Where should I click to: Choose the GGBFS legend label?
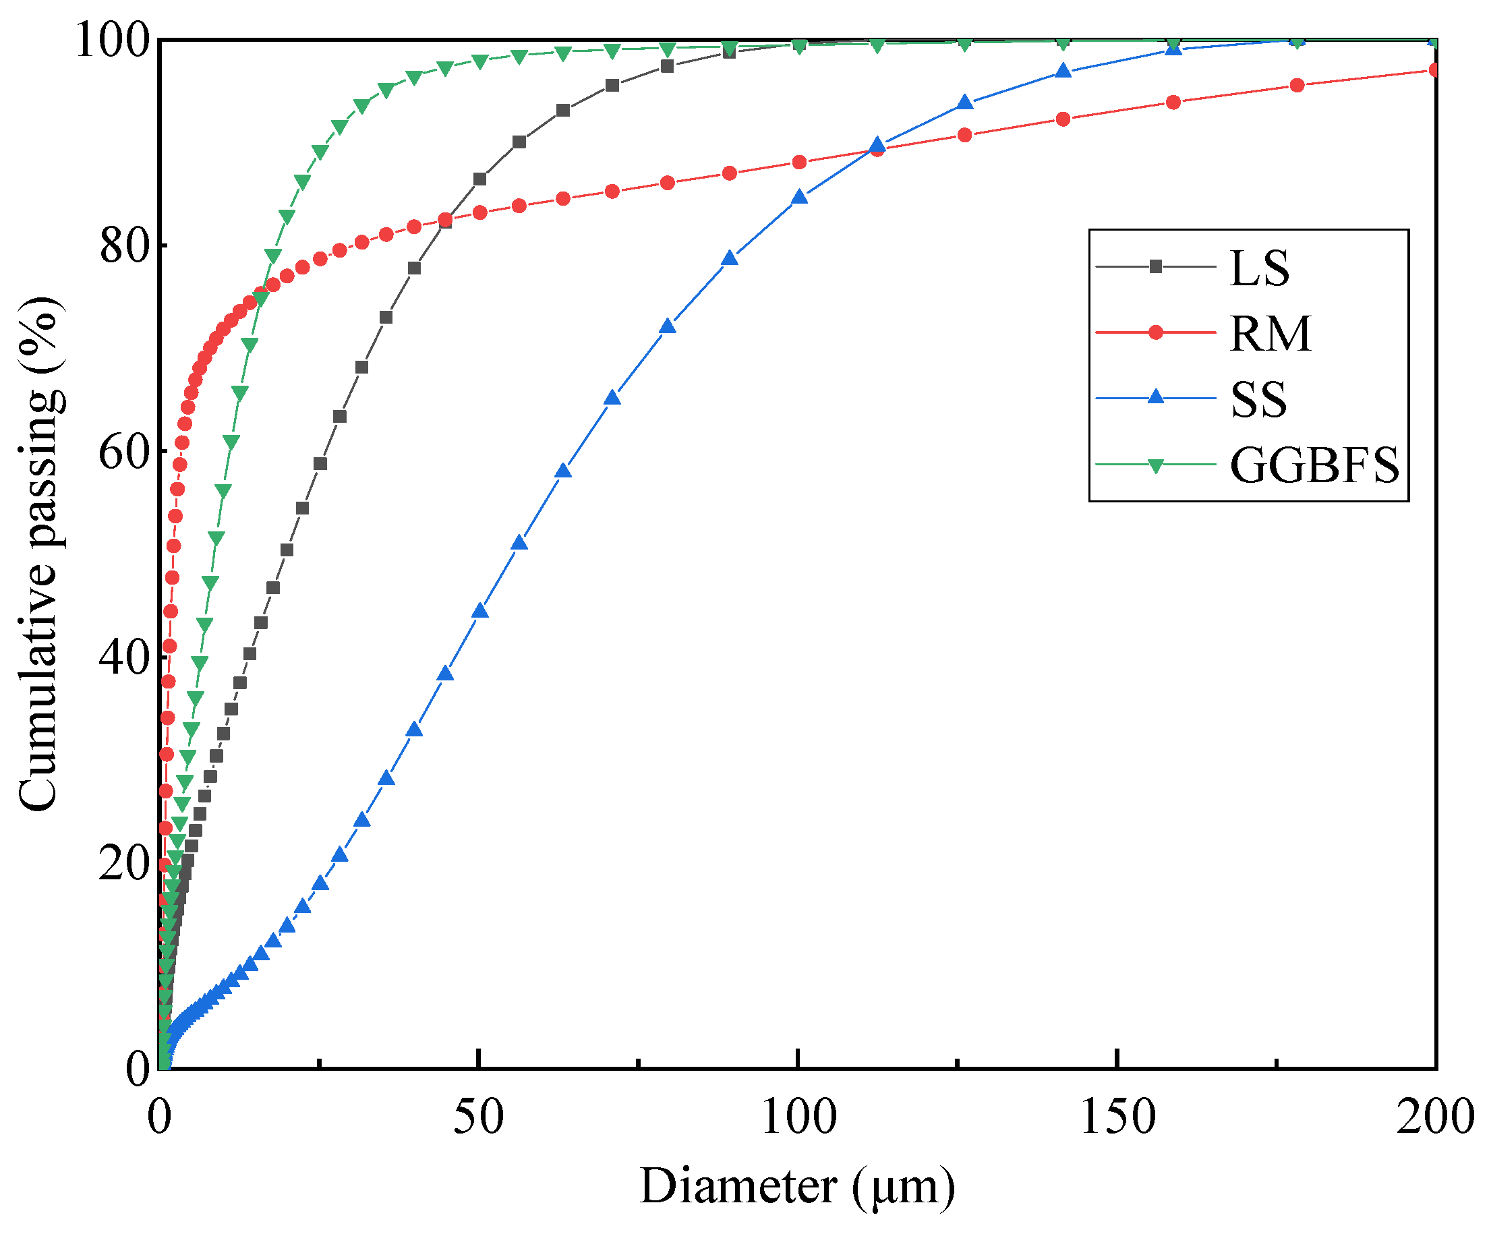(x=1314, y=465)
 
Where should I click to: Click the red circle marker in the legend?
(x=1156, y=332)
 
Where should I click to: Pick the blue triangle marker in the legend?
(x=1156, y=397)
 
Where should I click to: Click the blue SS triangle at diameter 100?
(x=799, y=196)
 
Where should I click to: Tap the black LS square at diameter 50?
(x=480, y=179)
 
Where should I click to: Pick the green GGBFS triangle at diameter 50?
(x=480, y=62)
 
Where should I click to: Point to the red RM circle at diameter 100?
(x=799, y=163)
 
